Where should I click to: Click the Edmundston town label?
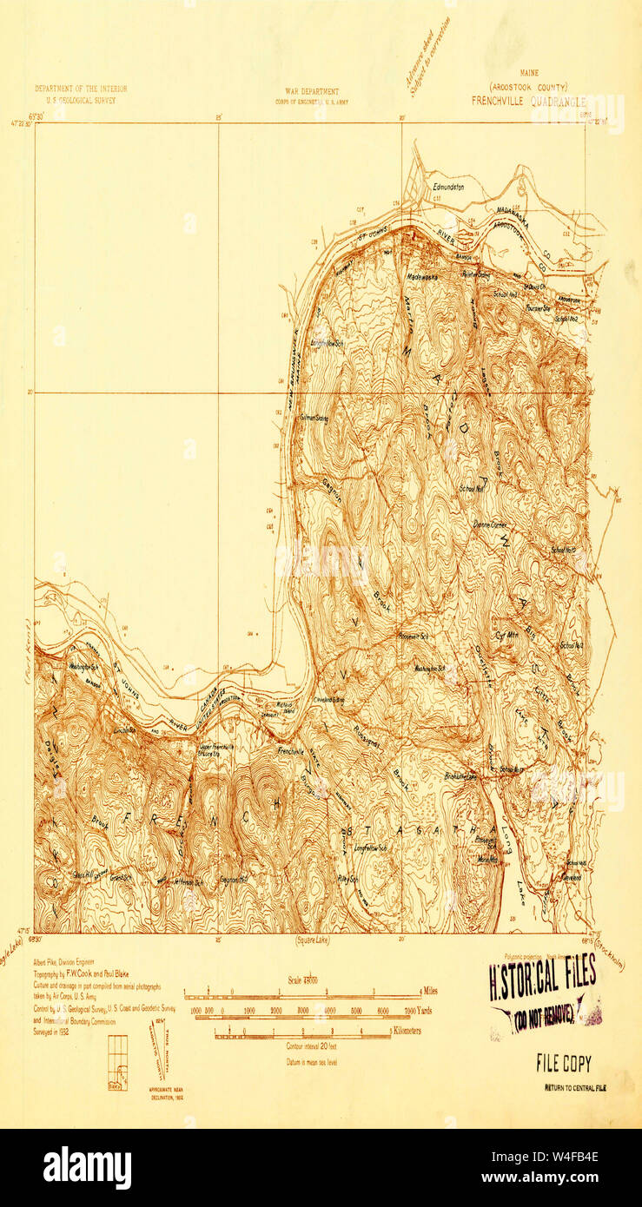446,187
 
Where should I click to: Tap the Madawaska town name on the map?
422,276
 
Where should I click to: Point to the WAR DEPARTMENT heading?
311,90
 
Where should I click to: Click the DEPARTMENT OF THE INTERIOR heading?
81,89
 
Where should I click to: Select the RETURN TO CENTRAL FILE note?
575,1087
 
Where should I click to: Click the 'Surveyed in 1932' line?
51,1032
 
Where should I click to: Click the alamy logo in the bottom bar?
87,1168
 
